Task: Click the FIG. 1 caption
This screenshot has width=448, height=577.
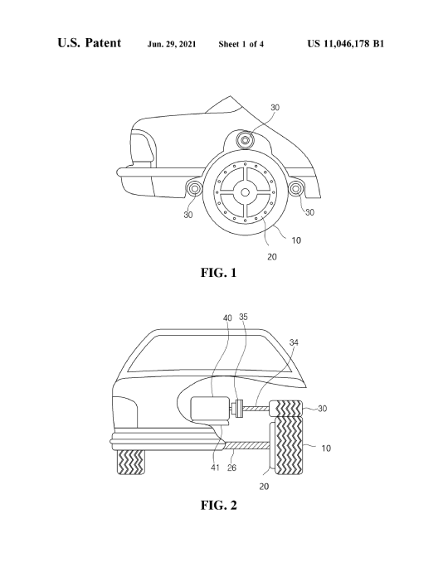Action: tap(219, 273)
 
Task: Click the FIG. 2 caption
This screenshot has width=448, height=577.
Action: tap(219, 505)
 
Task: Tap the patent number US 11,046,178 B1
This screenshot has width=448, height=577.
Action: tap(346, 44)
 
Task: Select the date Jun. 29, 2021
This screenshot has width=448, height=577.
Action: tap(172, 44)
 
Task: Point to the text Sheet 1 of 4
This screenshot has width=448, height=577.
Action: tap(241, 44)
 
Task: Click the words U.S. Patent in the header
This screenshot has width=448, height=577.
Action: tap(89, 42)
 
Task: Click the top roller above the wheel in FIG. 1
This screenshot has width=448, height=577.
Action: tap(245, 140)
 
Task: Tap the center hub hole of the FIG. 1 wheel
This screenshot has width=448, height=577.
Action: tap(245, 192)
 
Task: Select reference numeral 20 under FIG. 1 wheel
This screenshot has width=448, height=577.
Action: tap(271, 257)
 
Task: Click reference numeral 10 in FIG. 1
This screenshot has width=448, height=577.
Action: tap(296, 240)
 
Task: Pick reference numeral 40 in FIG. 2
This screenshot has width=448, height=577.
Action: tap(227, 318)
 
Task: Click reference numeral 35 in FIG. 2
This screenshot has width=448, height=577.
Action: tap(243, 317)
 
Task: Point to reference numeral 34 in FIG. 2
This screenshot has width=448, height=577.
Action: tap(294, 342)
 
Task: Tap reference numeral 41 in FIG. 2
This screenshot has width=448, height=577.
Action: tap(215, 468)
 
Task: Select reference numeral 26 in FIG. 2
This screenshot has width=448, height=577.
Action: tap(231, 468)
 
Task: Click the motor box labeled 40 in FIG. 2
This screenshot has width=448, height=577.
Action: tap(210, 409)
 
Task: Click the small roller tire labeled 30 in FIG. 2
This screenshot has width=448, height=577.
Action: tap(286, 409)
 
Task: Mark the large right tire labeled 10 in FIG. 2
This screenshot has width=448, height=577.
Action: tap(289, 446)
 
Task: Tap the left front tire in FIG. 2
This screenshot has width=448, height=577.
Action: tap(131, 462)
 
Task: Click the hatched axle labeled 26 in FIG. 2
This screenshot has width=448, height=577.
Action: tap(246, 445)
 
